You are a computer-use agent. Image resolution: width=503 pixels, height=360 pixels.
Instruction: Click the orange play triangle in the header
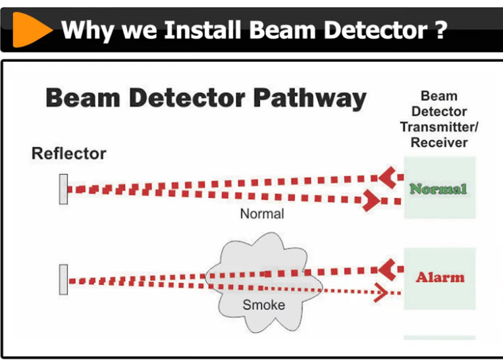[30, 30]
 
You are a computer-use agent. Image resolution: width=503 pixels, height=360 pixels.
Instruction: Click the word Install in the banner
[203, 30]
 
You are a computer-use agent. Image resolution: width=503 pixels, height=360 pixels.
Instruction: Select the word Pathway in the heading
[309, 99]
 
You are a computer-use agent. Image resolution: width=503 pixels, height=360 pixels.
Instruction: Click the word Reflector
[68, 153]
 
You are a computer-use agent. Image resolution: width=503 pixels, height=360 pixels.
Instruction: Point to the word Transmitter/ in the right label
[439, 127]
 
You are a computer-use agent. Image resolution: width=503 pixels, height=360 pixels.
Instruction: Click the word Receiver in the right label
[439, 142]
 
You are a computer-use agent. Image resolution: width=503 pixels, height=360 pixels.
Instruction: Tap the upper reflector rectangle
[63, 189]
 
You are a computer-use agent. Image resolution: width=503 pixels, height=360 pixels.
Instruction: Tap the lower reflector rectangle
[63, 280]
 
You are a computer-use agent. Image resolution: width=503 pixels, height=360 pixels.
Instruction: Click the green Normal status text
[438, 189]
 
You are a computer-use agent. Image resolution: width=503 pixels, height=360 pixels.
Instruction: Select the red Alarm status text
[440, 277]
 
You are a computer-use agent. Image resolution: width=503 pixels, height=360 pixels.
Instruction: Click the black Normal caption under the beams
[262, 214]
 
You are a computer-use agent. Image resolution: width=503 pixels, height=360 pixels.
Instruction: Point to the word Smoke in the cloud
[264, 305]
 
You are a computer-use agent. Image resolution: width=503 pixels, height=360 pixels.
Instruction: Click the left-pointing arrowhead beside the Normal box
[387, 177]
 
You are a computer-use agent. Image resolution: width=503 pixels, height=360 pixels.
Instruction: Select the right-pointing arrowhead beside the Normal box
[371, 201]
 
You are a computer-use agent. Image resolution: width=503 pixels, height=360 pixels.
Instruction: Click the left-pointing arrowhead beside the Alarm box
[387, 270]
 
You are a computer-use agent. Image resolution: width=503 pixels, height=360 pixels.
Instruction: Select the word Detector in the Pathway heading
[188, 98]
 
